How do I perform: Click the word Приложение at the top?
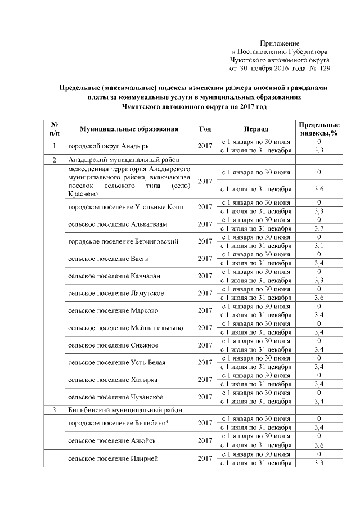click(280, 43)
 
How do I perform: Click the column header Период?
click(256, 129)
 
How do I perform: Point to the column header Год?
click(205, 129)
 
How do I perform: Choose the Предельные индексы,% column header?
click(319, 129)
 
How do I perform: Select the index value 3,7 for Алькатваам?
click(319, 228)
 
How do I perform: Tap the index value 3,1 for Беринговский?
click(319, 245)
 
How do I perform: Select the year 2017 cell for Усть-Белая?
click(205, 363)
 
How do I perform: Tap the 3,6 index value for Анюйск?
click(319, 445)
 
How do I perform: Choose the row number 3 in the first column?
click(55, 409)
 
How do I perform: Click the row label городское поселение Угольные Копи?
click(124, 206)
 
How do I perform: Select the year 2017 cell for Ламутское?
click(205, 293)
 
